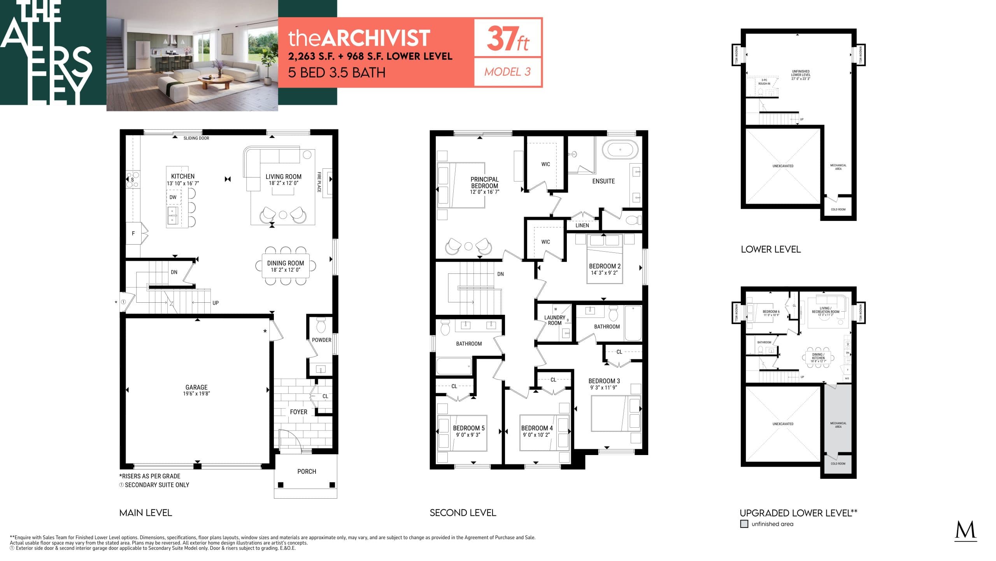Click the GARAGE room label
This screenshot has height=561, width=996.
(196, 387)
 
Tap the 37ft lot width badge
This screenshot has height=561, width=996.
(507, 39)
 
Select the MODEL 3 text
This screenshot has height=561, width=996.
(507, 72)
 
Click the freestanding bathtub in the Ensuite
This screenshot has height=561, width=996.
(620, 150)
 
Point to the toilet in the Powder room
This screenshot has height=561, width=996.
(321, 325)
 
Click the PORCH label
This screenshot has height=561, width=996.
(307, 471)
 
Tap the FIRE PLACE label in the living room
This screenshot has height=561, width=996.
(319, 182)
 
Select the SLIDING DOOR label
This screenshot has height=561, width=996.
(196, 138)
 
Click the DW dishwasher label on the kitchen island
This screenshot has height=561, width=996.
(173, 197)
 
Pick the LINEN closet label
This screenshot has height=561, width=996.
(582, 225)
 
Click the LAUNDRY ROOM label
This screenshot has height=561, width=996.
(554, 320)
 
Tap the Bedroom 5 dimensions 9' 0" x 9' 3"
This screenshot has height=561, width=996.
(468, 435)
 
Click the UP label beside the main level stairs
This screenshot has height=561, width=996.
(215, 303)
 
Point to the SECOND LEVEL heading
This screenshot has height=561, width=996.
(463, 513)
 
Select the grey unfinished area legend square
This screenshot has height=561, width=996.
(744, 524)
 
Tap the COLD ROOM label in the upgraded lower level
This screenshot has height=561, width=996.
(838, 464)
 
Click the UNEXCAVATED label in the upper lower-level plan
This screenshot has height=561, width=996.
(783, 166)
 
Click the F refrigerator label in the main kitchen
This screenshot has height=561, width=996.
(133, 233)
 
